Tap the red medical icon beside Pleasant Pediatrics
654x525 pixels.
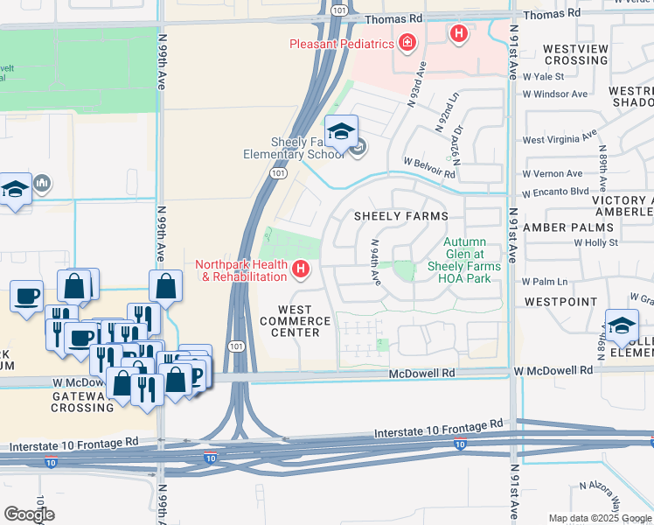point(406,42)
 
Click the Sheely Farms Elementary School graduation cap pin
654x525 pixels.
point(341,132)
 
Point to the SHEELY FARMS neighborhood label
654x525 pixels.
point(400,216)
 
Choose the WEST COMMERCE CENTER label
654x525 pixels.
point(303,321)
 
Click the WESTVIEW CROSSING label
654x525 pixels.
point(575,54)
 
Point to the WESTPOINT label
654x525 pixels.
point(557,300)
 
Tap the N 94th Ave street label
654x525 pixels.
point(375,262)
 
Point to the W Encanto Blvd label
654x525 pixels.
point(555,192)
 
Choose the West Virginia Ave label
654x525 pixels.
point(560,137)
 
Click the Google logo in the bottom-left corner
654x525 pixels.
point(29,514)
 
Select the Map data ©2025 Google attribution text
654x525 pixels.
point(599,518)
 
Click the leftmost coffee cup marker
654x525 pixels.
point(26,295)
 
